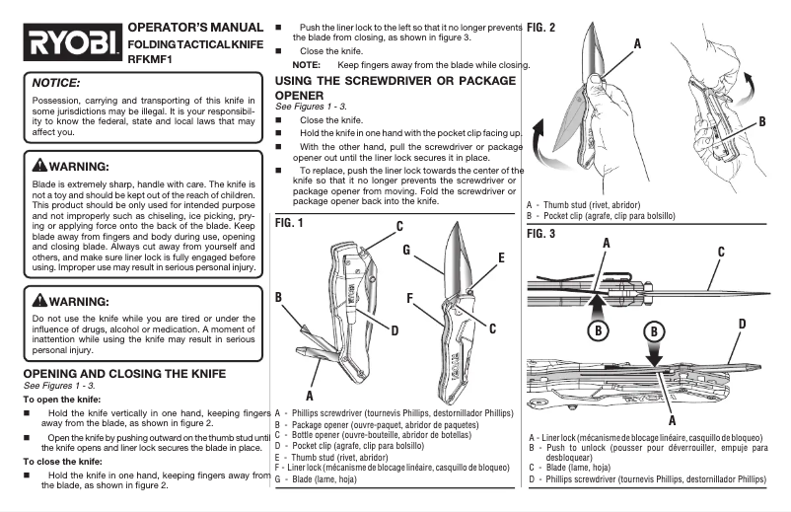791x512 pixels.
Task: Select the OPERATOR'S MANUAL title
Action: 195,27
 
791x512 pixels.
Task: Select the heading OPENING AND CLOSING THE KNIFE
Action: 124,373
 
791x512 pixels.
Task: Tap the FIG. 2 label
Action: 541,27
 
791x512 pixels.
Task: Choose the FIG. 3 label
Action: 541,234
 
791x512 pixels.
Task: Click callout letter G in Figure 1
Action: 406,251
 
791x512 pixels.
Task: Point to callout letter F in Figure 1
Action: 408,296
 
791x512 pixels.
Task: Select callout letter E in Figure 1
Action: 501,257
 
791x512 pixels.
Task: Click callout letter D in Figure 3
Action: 741,324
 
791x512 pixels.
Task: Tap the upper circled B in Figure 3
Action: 600,330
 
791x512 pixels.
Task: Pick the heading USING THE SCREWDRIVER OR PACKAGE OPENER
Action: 395,87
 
